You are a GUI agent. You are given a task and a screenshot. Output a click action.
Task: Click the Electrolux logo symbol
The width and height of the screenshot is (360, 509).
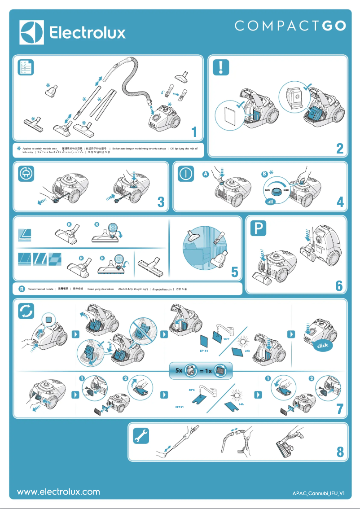click(x=32, y=32)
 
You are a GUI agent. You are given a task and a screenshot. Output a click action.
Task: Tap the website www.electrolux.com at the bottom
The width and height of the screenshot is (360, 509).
click(x=58, y=492)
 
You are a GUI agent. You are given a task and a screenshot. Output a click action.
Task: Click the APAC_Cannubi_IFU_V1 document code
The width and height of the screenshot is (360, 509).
click(x=318, y=493)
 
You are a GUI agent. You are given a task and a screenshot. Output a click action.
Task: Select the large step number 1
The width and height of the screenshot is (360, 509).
click(x=194, y=132)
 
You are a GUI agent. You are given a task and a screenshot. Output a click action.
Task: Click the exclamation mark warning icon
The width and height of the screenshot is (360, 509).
click(x=221, y=67)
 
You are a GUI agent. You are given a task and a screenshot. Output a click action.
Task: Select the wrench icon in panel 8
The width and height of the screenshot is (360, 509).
click(x=141, y=435)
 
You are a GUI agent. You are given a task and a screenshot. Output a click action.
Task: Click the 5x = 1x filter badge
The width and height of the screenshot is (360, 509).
click(x=201, y=371)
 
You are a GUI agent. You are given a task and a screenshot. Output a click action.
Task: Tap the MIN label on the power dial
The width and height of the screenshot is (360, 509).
click(x=267, y=191)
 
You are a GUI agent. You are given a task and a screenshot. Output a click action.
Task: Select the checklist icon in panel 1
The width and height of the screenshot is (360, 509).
click(x=26, y=67)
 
